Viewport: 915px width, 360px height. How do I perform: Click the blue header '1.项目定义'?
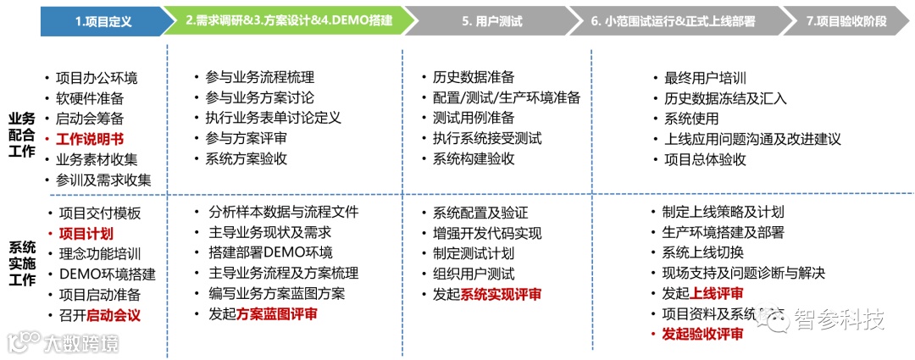pyautogui.click(x=103, y=21)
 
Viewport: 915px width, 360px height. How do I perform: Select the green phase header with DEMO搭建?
pyautogui.click(x=288, y=21)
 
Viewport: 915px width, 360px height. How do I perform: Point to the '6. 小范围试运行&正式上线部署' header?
pyautogui.click(x=674, y=21)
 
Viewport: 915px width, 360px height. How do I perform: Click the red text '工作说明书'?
pyautogui.click(x=90, y=139)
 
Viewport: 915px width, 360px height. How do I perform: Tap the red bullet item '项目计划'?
pyautogui.click(x=86, y=234)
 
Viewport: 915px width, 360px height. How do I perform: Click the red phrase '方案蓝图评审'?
pyautogui.click(x=277, y=314)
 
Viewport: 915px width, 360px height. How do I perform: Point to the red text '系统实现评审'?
pyautogui.click(x=501, y=294)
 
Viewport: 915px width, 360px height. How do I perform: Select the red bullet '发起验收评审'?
pyautogui.click(x=702, y=334)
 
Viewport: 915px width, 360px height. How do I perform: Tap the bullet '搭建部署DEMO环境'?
pyautogui.click(x=270, y=253)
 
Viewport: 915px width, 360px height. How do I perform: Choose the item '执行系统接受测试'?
pyautogui.click(x=487, y=138)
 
